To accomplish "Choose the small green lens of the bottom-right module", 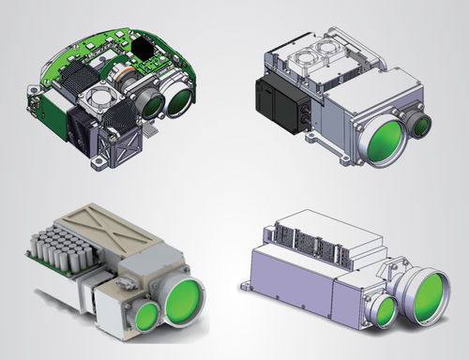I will [x=385, y=310].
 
